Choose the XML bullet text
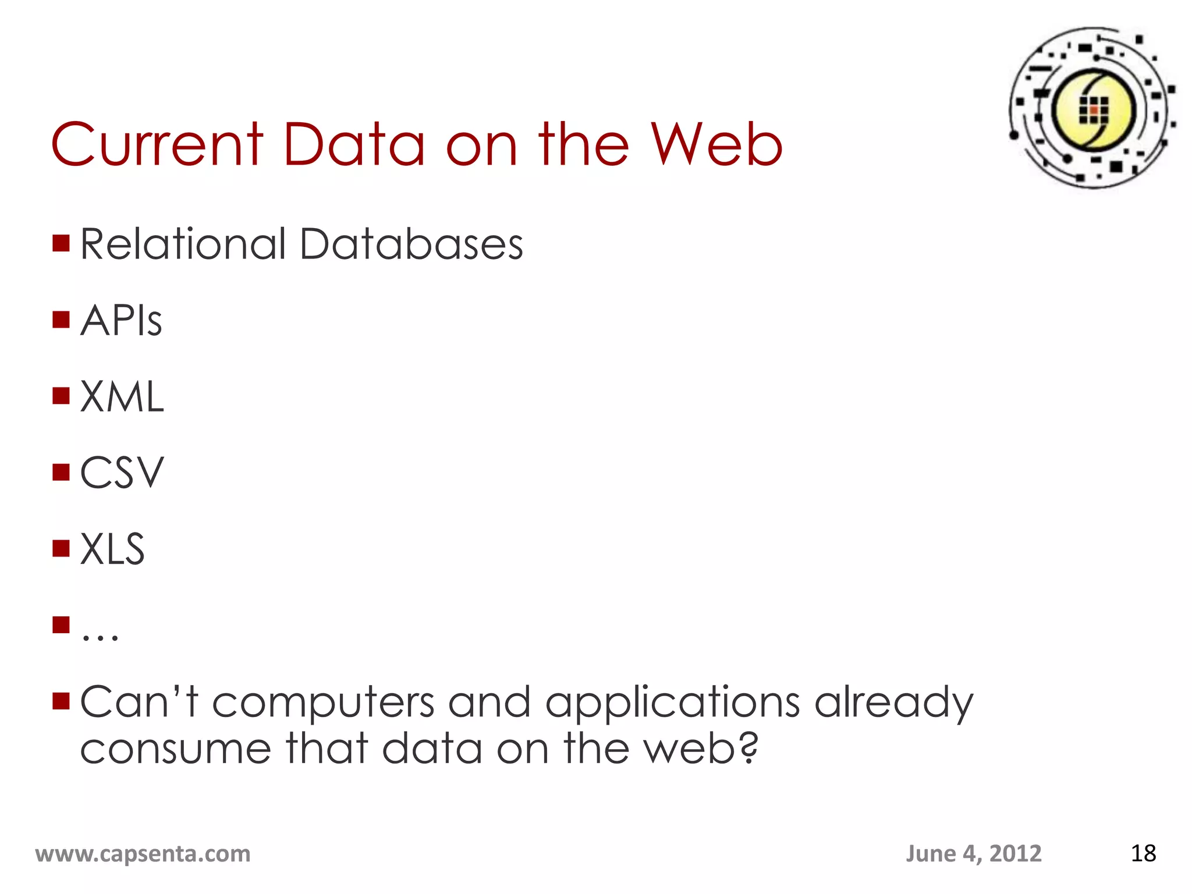(x=122, y=397)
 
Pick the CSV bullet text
(x=122, y=473)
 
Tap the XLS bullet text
(x=112, y=549)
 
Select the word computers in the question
(x=323, y=702)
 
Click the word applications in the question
(x=672, y=702)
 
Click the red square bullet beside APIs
(x=61, y=320)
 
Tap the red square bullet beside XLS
(x=61, y=548)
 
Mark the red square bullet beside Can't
(x=61, y=701)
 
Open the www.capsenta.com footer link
(x=143, y=853)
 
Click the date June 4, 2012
(x=973, y=853)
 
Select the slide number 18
(x=1143, y=853)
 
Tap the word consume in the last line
(x=175, y=748)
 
